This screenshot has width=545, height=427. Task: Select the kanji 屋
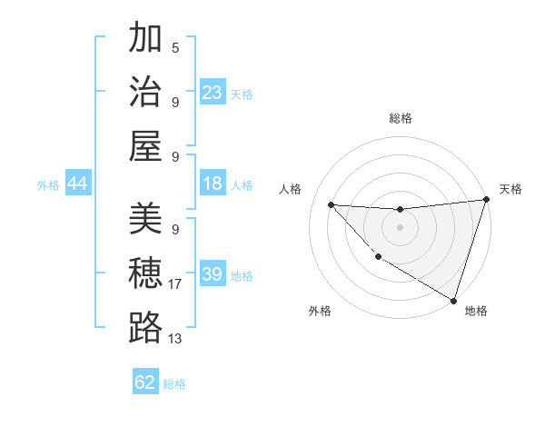[x=146, y=144]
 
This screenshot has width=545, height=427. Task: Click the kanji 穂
[x=146, y=273]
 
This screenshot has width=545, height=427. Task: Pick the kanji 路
[x=146, y=327]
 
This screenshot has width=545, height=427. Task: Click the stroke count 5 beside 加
[x=175, y=47]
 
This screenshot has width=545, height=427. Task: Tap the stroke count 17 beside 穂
[x=175, y=284]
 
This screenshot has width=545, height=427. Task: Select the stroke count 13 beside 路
[x=175, y=339]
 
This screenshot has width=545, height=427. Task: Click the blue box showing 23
[x=212, y=93]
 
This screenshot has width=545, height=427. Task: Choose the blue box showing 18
[x=212, y=184]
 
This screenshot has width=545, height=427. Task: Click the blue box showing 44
[x=77, y=184]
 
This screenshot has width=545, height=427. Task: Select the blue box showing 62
[x=145, y=382]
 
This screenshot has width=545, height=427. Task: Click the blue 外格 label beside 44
[x=48, y=185]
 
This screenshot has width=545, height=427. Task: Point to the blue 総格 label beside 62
[x=175, y=383]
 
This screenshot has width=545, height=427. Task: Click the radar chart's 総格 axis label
[x=400, y=118]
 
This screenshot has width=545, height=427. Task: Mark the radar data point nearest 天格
[x=485, y=201]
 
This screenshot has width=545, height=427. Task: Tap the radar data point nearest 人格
[x=331, y=204]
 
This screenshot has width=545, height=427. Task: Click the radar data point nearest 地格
[x=453, y=300]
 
